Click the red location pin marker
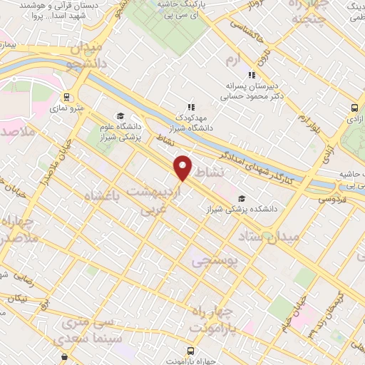[x=183, y=168]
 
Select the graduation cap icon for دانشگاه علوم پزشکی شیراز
[x=120, y=116]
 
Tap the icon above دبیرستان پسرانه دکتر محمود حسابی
[x=251, y=75]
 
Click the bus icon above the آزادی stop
[x=354, y=108]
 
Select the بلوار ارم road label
[x=308, y=117]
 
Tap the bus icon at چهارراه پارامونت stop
[x=190, y=351]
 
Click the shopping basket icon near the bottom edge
[x=65, y=356]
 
